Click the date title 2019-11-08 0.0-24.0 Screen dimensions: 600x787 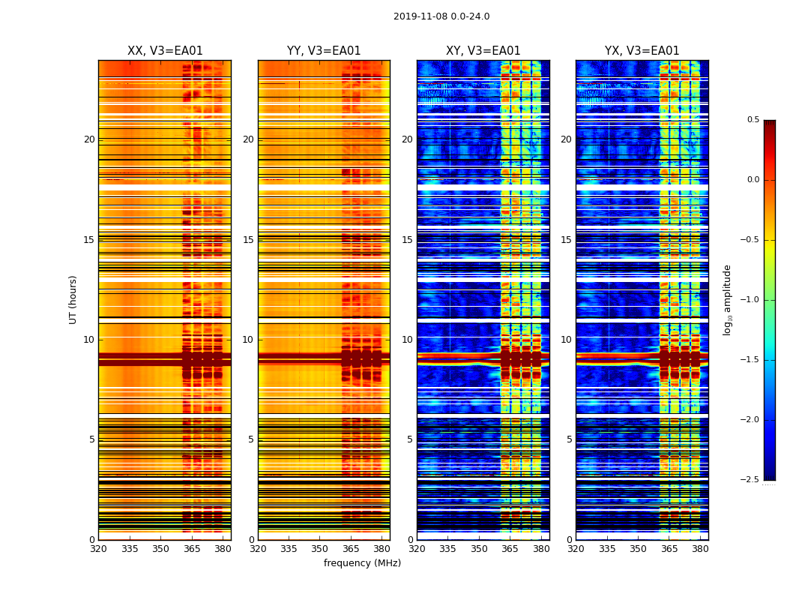pyautogui.click(x=441, y=16)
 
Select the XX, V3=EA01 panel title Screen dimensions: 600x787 pyautogui.click(x=165, y=51)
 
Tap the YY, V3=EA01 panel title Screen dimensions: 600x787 pyautogui.click(x=324, y=51)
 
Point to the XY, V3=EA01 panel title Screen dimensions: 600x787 pyautogui.click(x=483, y=51)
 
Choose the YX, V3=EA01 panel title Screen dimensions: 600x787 pyautogui.click(x=642, y=51)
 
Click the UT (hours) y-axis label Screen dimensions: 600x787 pyautogui.click(x=73, y=299)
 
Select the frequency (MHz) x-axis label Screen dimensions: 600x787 pyautogui.click(x=362, y=563)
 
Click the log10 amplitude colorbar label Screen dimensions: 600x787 pyautogui.click(x=727, y=299)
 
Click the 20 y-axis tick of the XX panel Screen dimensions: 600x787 pyautogui.click(x=89, y=139)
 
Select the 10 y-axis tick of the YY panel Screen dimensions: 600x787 pyautogui.click(x=248, y=340)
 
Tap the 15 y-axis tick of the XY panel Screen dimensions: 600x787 pyautogui.click(x=407, y=240)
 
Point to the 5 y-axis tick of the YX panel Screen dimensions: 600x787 pyautogui.click(x=569, y=439)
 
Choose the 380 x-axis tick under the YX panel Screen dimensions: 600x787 pyautogui.click(x=700, y=549)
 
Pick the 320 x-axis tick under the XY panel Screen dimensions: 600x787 pyautogui.click(x=417, y=549)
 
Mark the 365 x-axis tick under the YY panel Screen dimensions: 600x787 pyautogui.click(x=351, y=549)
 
